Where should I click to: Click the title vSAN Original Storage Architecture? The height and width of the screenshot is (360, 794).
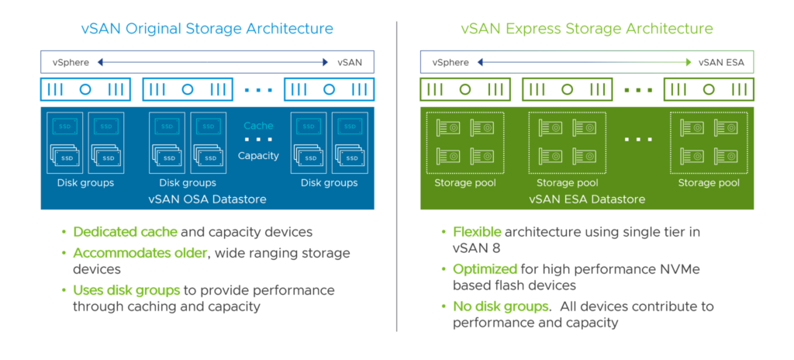[207, 29]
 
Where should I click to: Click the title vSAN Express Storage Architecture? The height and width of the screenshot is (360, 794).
[587, 29]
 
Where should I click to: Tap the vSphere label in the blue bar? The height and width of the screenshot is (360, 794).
[71, 62]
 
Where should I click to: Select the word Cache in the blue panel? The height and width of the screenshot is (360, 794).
[258, 126]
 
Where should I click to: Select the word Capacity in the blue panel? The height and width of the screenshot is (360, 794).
[258, 155]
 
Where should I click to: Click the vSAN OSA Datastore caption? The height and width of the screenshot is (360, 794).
[207, 199]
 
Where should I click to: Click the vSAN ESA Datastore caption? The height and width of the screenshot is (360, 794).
[587, 199]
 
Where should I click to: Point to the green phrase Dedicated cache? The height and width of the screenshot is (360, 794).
[125, 231]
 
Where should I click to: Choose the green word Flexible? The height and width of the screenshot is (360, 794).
[477, 231]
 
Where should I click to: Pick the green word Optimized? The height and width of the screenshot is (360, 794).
[485, 268]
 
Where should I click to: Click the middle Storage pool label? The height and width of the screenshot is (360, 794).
[568, 183]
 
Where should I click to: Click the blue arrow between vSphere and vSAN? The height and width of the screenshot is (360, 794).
[213, 62]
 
